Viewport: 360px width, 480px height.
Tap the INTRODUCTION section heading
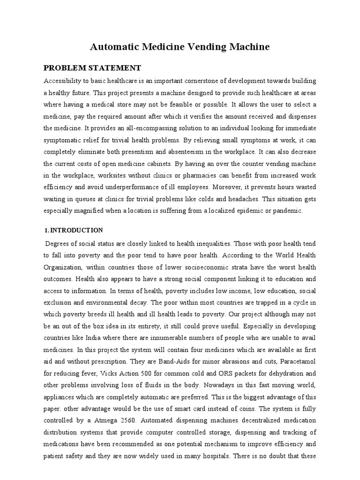pos(76,230)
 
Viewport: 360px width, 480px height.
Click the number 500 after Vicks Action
pos(142,373)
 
